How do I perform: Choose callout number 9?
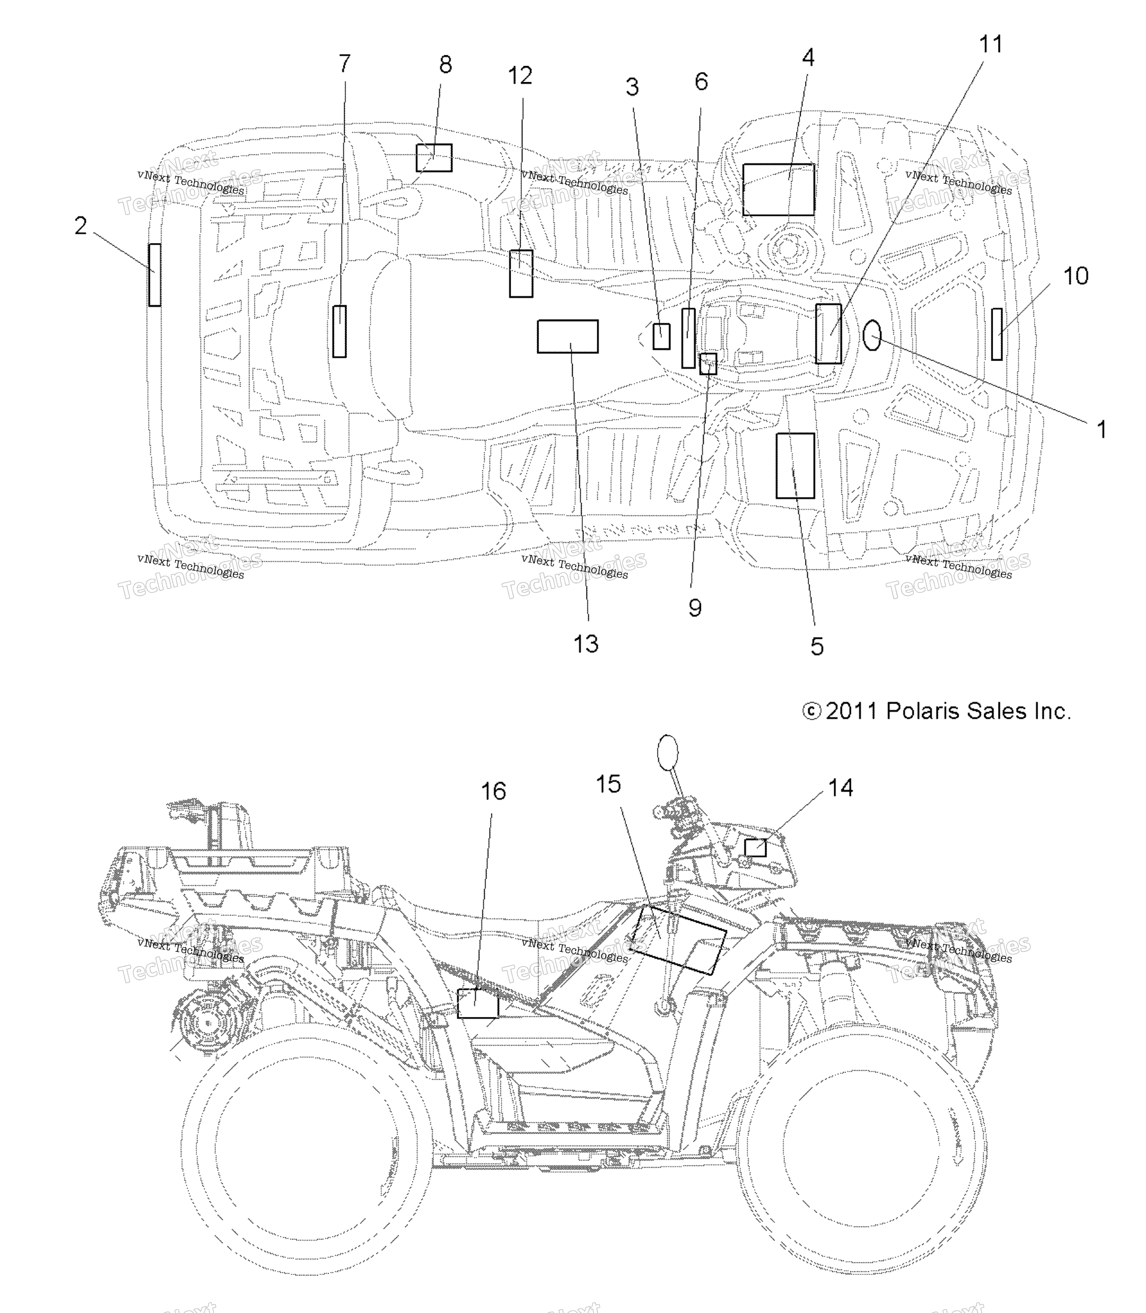(x=695, y=607)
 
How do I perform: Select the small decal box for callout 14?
(x=755, y=847)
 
